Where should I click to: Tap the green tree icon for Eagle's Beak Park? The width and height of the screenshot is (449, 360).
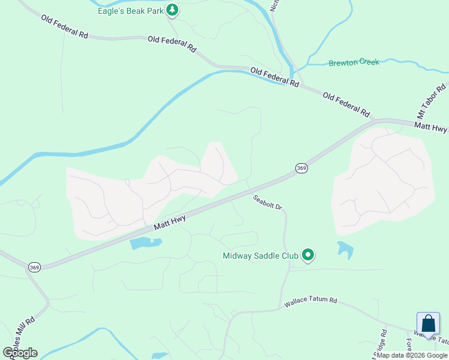(x=172, y=10)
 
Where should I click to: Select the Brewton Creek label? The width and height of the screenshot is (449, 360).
(x=354, y=62)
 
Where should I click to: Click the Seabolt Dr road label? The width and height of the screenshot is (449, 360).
(x=267, y=202)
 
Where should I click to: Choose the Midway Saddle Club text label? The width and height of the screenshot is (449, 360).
(x=261, y=256)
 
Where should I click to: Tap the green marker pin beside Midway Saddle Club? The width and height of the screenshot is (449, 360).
(x=308, y=256)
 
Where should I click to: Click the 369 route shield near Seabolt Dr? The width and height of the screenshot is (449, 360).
(x=301, y=169)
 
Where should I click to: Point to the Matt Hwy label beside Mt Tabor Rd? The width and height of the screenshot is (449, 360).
(x=431, y=127)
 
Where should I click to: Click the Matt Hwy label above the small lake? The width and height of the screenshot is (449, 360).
(x=170, y=223)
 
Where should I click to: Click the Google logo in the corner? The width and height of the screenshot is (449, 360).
(x=20, y=353)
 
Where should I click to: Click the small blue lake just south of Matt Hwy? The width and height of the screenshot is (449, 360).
(x=145, y=243)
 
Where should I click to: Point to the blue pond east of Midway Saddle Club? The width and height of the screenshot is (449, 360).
(x=345, y=248)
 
